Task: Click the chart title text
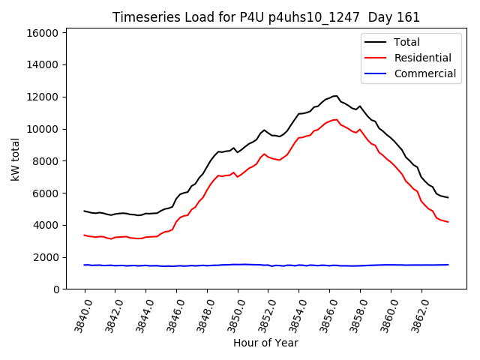pyautogui.click(x=265, y=17)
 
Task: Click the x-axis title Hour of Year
pyautogui.click(x=265, y=343)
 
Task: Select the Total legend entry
pyautogui.click(x=406, y=42)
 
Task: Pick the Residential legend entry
pyautogui.click(x=422, y=58)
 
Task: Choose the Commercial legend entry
pyautogui.click(x=424, y=73)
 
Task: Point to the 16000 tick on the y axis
pyautogui.click(x=43, y=33)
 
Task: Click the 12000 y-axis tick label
pyautogui.click(x=43, y=97)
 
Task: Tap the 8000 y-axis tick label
pyautogui.click(x=46, y=161)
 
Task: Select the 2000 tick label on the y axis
pyautogui.click(x=46, y=257)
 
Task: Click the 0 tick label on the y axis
pyautogui.click(x=56, y=289)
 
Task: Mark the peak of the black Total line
pyautogui.click(x=334, y=95)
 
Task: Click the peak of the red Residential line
pyautogui.click(x=336, y=119)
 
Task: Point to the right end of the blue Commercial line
pyautogui.click(x=448, y=265)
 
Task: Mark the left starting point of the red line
pyautogui.click(x=84, y=235)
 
